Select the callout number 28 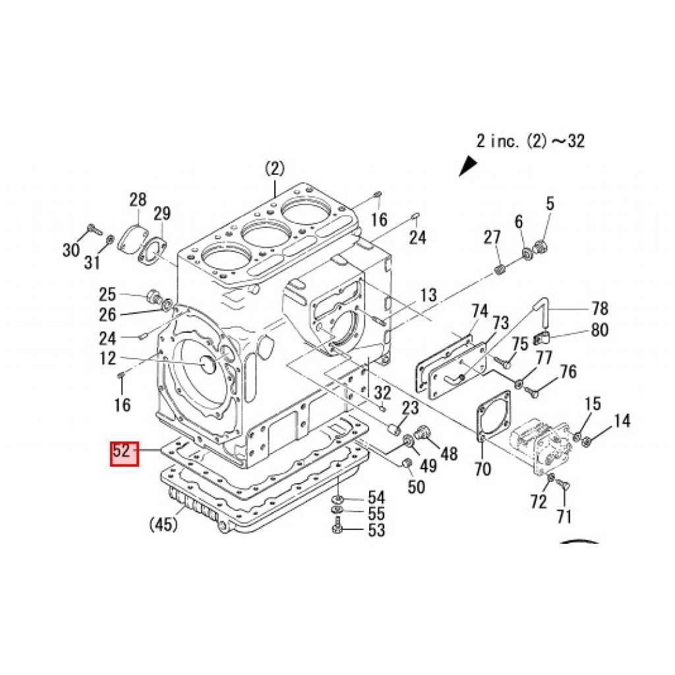pos(138,200)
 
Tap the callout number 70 pos(483,469)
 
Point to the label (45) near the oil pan pos(163,524)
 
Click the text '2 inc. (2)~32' pos(531,141)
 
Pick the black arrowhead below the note pos(468,165)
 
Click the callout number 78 pos(600,308)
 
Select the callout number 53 pos(376,531)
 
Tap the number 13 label pos(428,295)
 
